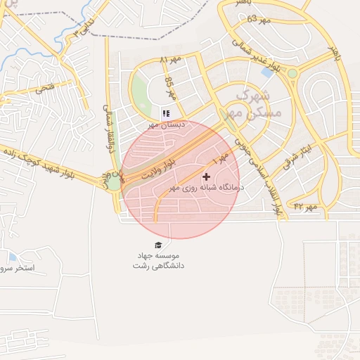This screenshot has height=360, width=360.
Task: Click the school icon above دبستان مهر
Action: (166, 113)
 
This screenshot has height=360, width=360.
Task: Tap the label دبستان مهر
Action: (165, 124)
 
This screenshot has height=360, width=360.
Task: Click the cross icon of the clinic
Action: (206, 176)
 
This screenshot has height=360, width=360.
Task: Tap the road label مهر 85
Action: (169, 88)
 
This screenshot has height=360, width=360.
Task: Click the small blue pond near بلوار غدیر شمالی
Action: (268, 71)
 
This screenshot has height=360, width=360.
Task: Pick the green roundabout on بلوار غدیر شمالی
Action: (292, 72)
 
